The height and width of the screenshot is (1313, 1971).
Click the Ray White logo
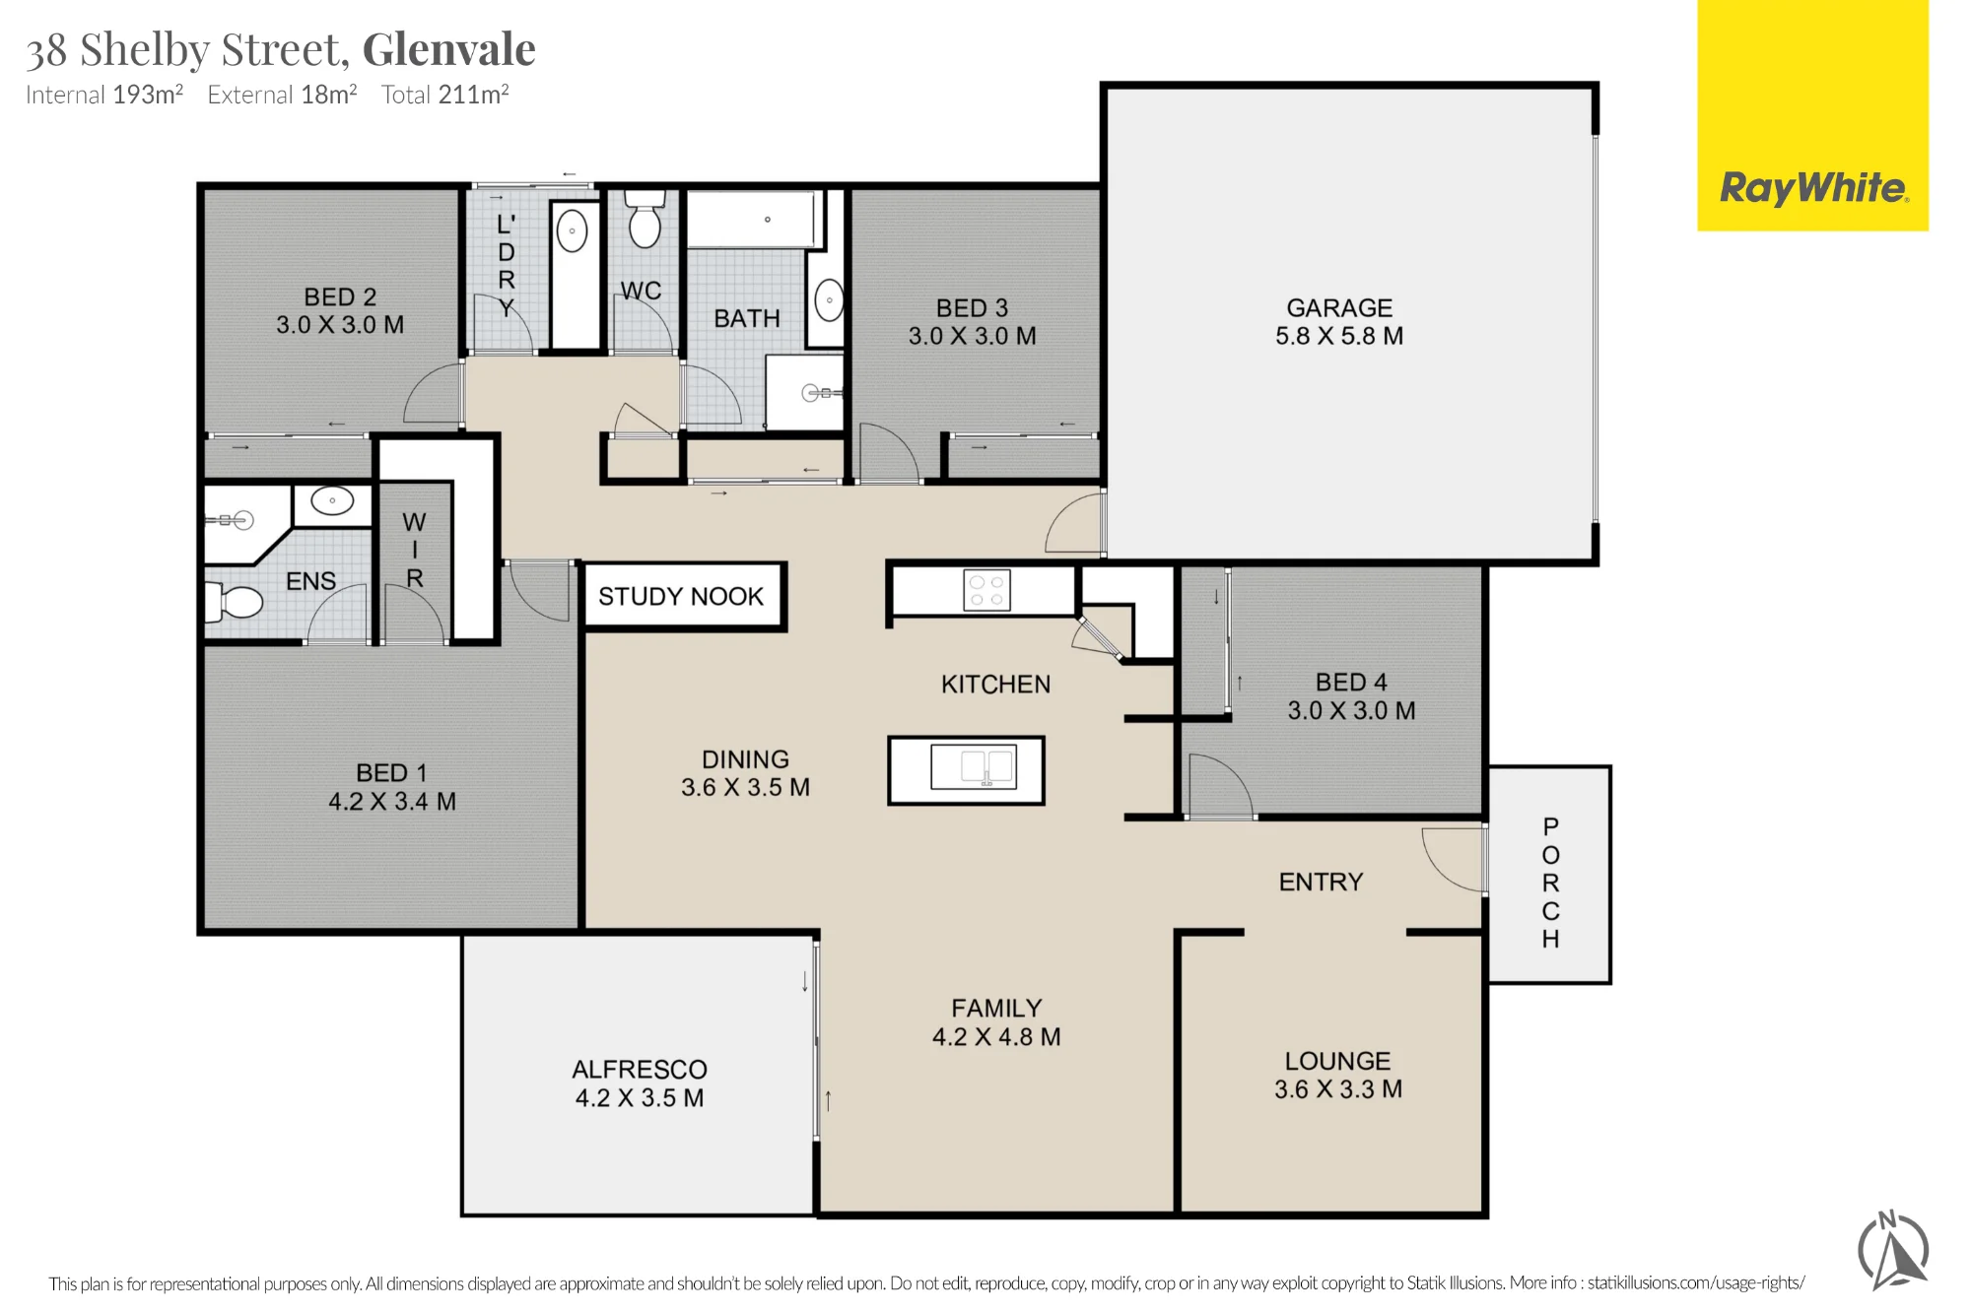(1812, 187)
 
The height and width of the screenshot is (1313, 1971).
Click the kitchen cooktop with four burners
(986, 591)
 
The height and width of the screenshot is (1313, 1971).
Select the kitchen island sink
(973, 768)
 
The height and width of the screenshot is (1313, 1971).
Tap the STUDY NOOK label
(681, 596)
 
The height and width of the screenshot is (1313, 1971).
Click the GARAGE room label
(1339, 308)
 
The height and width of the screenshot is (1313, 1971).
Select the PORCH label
(1550, 883)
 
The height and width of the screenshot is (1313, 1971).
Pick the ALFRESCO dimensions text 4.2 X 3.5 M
(640, 1098)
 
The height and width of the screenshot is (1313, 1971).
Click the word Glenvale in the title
(449, 49)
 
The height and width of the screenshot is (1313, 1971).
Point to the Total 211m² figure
(445, 95)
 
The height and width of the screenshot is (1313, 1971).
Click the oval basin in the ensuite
(332, 500)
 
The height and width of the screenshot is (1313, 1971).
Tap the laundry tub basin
(573, 232)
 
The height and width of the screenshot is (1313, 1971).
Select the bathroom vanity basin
(829, 300)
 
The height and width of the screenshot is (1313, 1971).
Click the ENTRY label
(1321, 882)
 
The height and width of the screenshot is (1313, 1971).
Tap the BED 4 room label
(1351, 683)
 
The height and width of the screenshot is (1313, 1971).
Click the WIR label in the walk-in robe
(415, 550)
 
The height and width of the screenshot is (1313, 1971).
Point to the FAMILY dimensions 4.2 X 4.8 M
(996, 1037)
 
